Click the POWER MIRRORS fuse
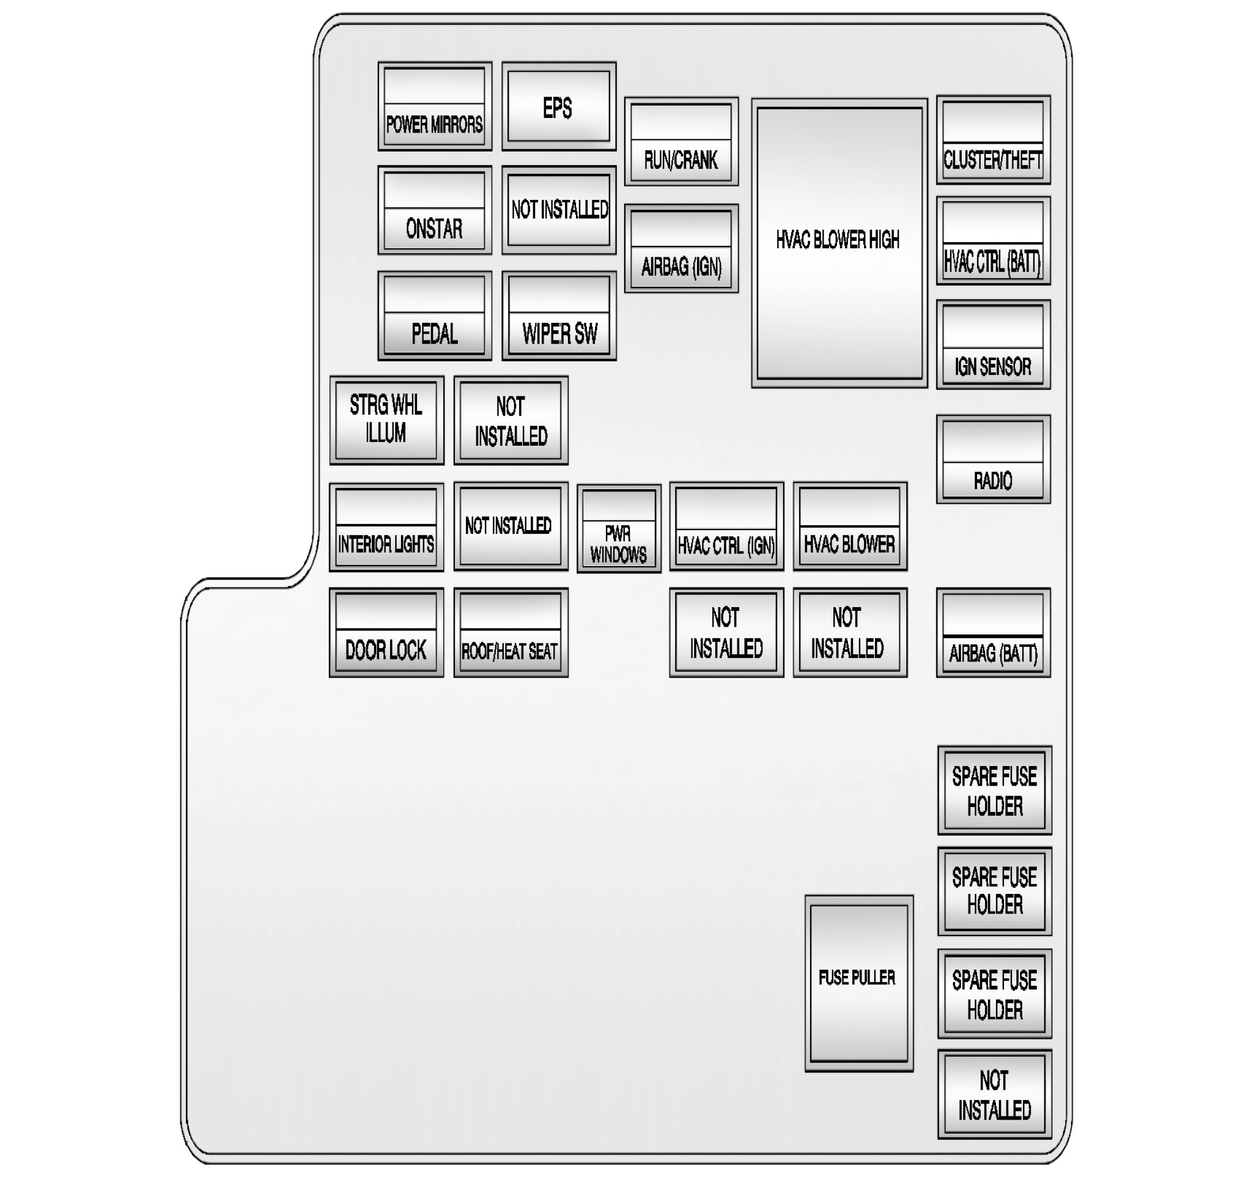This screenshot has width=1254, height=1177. click(435, 106)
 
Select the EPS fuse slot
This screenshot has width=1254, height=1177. click(558, 106)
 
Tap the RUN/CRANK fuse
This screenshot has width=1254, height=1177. click(681, 142)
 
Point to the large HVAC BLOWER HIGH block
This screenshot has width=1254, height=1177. click(839, 243)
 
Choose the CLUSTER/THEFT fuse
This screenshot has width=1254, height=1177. click(993, 140)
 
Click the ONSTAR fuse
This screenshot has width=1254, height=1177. click(435, 211)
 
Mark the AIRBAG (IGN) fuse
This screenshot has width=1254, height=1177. click(681, 248)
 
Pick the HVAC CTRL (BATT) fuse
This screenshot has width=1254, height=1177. click(993, 241)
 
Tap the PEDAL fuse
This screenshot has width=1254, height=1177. click(435, 316)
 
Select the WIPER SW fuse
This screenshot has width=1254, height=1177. click(559, 316)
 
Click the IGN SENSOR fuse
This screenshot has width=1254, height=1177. click(993, 344)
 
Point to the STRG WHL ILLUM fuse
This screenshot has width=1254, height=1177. click(386, 420)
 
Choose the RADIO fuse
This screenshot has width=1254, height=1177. click(993, 459)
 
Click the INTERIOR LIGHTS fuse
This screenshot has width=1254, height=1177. click(386, 527)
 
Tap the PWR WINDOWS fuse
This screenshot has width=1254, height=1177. click(619, 528)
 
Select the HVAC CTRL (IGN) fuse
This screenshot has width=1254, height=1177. click(726, 526)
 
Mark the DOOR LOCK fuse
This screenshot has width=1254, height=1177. click(386, 633)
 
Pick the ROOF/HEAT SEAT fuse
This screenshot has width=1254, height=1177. click(511, 633)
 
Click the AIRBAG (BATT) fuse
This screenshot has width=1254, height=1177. click(993, 633)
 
